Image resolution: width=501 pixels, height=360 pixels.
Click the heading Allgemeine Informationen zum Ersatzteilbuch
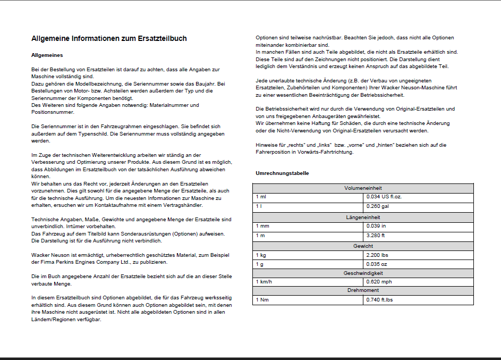109,39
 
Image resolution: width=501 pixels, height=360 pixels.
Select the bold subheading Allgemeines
47,55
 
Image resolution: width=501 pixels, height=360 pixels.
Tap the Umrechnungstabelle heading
282,173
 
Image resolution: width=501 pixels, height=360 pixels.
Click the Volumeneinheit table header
363,188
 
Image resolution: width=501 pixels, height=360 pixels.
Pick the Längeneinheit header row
363,217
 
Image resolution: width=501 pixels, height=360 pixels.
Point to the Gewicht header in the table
363,246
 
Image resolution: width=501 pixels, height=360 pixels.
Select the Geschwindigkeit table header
363,273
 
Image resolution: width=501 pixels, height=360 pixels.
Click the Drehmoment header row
363,290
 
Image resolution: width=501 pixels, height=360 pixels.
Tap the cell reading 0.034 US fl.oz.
384,197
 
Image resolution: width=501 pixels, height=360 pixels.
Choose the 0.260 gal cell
377,206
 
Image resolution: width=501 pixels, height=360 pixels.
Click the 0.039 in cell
376,226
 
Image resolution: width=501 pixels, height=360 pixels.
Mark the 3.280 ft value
376,235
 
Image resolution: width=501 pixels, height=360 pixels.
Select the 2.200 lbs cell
377,255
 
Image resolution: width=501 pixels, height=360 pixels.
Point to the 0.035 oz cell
376,264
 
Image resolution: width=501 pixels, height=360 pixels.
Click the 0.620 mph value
379,282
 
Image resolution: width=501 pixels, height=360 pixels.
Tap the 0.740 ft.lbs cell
380,300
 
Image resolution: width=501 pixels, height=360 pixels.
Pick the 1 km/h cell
264,282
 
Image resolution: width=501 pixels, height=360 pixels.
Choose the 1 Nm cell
261,300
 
